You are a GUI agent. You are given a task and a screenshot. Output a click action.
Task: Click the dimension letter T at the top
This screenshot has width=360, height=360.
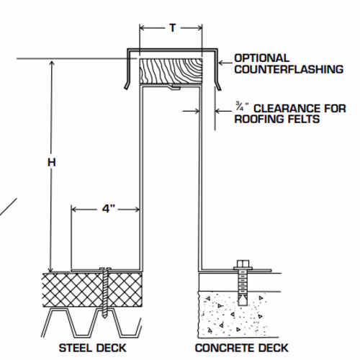pyautogui.click(x=173, y=28)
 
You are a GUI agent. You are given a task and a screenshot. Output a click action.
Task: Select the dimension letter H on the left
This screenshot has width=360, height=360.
pyautogui.click(x=52, y=163)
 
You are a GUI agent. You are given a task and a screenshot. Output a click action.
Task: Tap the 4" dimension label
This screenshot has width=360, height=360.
pyautogui.click(x=109, y=209)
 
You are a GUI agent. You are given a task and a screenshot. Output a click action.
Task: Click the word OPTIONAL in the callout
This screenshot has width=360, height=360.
pyautogui.click(x=262, y=58)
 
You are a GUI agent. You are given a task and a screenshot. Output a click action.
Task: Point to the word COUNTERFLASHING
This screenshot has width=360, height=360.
pyautogui.click(x=289, y=69)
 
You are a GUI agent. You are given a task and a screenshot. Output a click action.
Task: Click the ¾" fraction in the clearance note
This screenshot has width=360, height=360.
pyautogui.click(x=242, y=107)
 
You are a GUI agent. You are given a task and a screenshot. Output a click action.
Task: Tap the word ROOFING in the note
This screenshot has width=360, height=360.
pyautogui.click(x=260, y=120)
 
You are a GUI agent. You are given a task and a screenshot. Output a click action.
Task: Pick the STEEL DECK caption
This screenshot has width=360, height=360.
pyautogui.click(x=93, y=348)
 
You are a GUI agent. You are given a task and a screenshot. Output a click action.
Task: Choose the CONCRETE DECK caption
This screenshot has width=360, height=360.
pyautogui.click(x=242, y=348)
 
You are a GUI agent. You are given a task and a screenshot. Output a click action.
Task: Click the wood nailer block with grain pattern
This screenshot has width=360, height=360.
pyautogui.click(x=171, y=71)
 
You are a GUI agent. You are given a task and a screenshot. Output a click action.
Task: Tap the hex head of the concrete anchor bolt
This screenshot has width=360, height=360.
pyautogui.click(x=243, y=264)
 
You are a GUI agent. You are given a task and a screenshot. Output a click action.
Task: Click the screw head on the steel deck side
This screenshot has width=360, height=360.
pyautogui.click(x=105, y=269)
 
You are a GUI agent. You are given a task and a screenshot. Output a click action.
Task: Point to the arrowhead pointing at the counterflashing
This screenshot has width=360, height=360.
pyautogui.click(x=221, y=63)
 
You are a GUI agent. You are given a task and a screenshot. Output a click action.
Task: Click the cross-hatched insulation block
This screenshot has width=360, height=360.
pyautogui.click(x=92, y=289)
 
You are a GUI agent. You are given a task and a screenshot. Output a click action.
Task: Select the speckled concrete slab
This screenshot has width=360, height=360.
pyautogui.click(x=232, y=315)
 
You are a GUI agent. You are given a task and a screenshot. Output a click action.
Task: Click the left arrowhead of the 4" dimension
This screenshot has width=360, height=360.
pyautogui.click(x=74, y=210)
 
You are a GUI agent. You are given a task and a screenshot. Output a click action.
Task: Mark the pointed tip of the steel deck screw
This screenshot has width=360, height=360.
pyautogui.click(x=105, y=316)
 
